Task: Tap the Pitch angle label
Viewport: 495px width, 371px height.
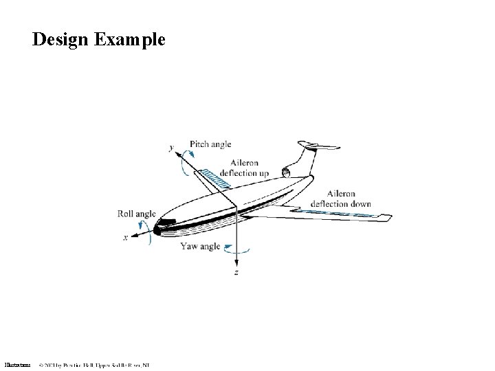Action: click(x=210, y=144)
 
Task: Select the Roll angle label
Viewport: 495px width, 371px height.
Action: click(x=137, y=214)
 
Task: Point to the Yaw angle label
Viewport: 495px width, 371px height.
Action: click(x=199, y=246)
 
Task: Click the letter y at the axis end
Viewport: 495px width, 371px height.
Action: click(x=170, y=147)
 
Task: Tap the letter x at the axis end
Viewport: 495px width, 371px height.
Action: click(x=125, y=238)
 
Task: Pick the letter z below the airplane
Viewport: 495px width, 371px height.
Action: click(x=236, y=273)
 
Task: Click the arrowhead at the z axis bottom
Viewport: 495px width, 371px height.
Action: click(x=236, y=262)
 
